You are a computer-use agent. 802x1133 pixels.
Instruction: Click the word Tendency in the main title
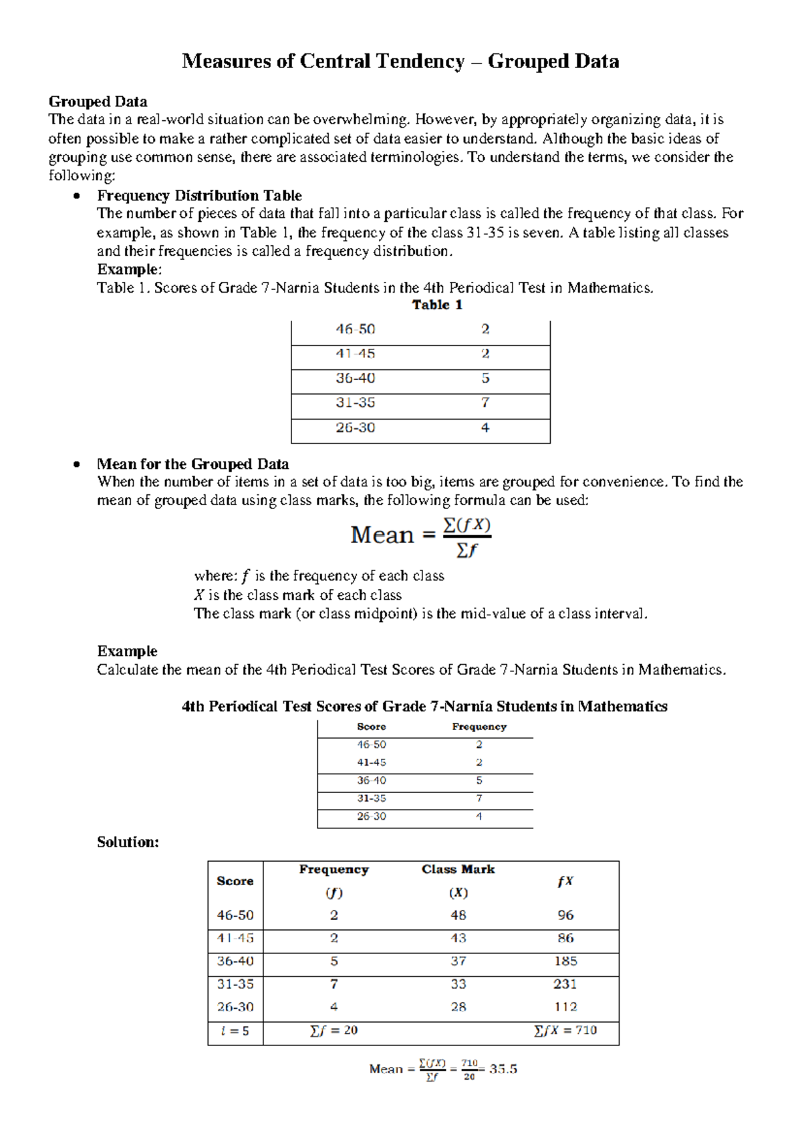point(420,61)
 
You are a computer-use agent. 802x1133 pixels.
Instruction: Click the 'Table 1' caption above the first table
point(437,305)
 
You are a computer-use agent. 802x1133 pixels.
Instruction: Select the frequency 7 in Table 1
point(485,403)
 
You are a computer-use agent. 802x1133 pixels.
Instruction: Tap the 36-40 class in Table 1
point(355,378)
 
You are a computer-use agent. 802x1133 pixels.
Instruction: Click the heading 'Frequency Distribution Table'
point(199,196)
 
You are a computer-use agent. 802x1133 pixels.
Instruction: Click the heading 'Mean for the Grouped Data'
point(192,464)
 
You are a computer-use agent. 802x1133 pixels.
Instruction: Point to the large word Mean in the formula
point(382,535)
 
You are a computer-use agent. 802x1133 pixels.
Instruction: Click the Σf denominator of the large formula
point(466,550)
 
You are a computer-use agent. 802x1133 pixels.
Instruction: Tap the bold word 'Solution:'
point(128,842)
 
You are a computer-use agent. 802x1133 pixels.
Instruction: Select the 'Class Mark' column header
point(458,870)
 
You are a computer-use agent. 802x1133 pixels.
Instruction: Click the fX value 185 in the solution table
point(565,961)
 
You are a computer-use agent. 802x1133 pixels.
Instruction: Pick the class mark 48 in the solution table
point(458,915)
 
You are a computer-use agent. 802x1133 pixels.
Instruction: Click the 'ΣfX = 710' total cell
point(565,1031)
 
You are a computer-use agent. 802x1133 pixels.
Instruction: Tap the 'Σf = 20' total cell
point(333,1031)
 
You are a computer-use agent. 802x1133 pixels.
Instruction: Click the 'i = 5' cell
point(235,1031)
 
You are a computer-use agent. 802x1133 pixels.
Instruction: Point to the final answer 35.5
point(503,1069)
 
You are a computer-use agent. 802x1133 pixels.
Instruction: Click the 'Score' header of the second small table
point(371,727)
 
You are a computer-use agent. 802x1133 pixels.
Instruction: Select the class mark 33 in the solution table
point(458,984)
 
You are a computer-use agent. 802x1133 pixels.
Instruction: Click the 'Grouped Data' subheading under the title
point(98,102)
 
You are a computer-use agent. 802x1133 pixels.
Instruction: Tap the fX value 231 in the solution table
point(565,984)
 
